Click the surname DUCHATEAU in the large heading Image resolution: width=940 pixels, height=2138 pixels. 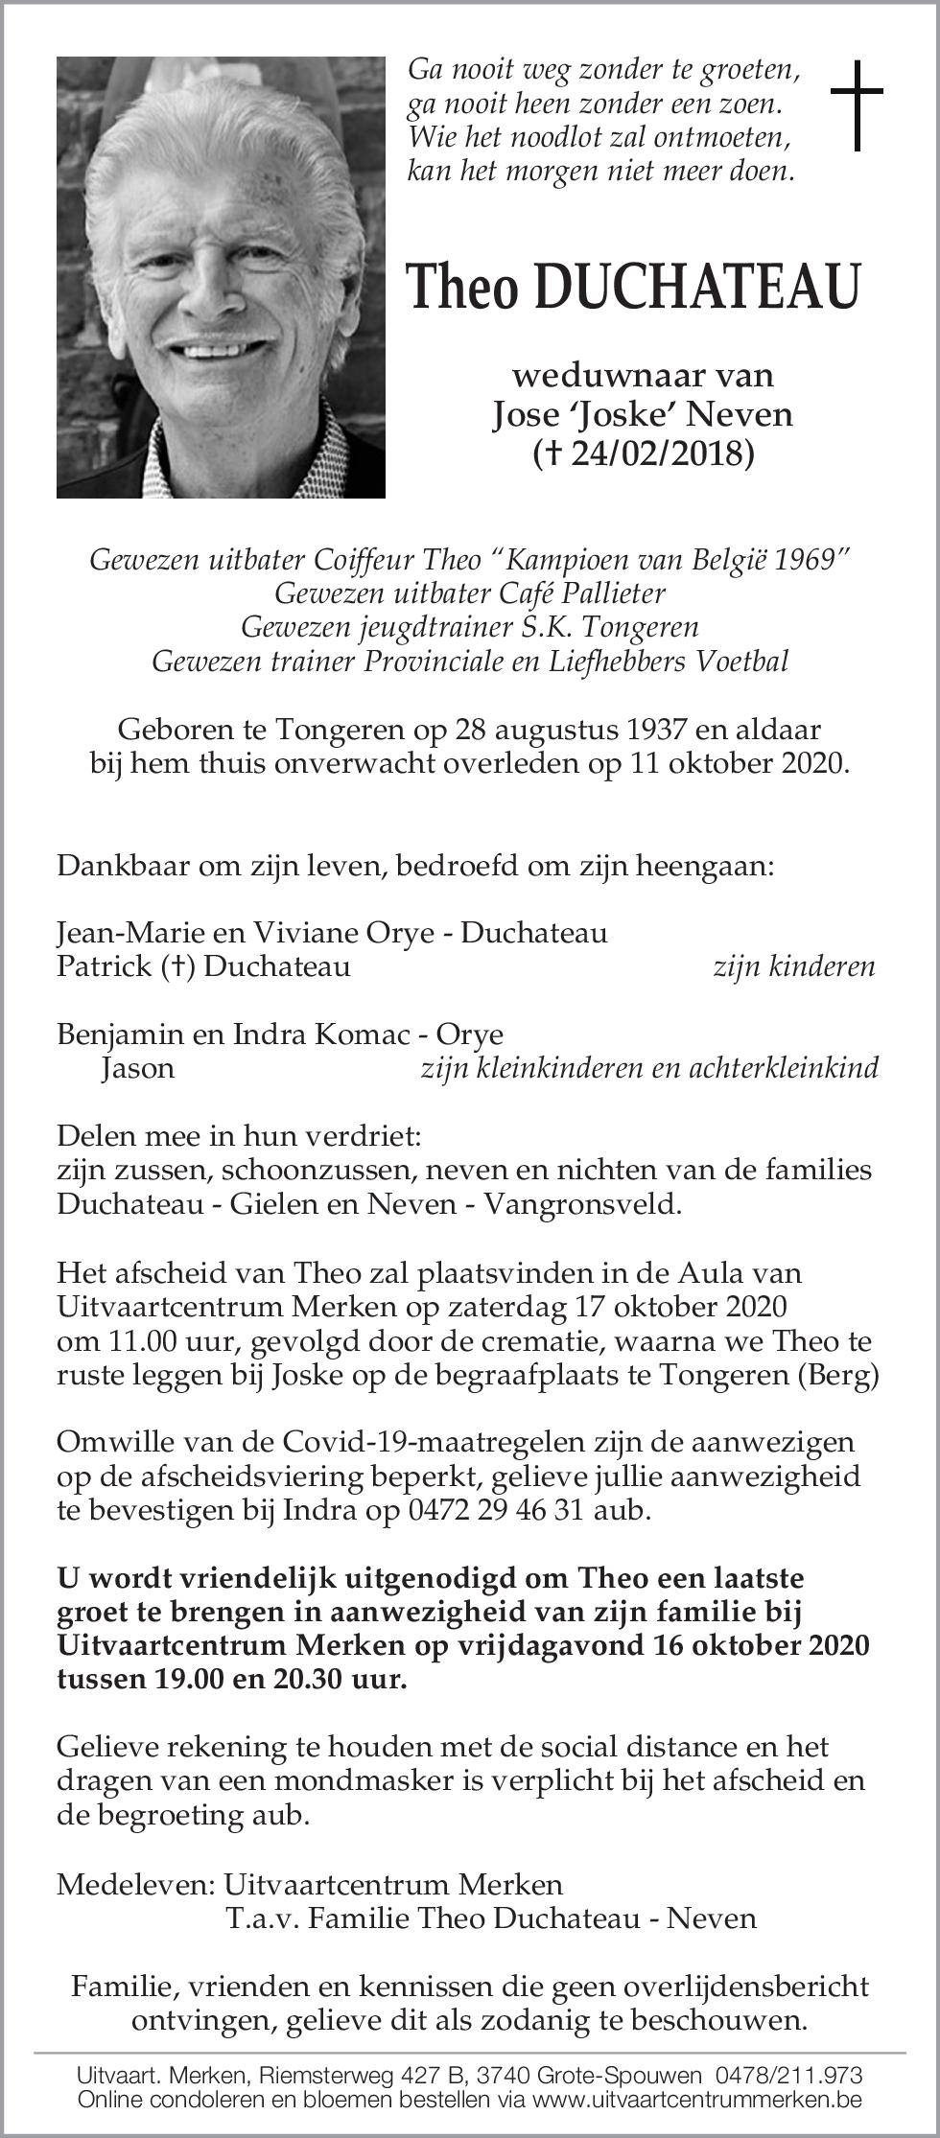[x=697, y=288]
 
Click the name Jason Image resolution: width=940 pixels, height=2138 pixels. [x=138, y=1068]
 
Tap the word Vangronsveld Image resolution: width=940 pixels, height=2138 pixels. [x=582, y=1204]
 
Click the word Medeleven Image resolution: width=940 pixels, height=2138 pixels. [x=134, y=1884]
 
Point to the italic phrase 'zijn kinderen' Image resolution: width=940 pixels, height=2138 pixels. [x=793, y=966]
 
